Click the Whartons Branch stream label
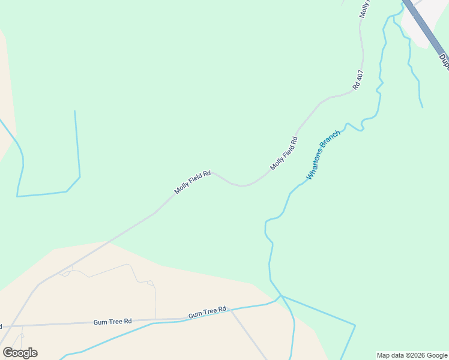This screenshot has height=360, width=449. pyautogui.click(x=324, y=155)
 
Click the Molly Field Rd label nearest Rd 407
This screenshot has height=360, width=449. pyautogui.click(x=284, y=153)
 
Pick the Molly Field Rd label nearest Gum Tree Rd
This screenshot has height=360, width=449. pyautogui.click(x=192, y=182)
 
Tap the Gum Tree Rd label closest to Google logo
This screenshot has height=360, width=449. pyautogui.click(x=112, y=322)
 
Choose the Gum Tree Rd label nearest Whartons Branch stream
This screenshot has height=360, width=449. pyautogui.click(x=207, y=313)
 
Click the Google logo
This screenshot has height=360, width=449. pyautogui.click(x=20, y=352)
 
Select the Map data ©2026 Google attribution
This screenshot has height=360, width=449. pyautogui.click(x=412, y=355)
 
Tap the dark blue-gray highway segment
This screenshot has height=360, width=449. pyautogui.click(x=424, y=27)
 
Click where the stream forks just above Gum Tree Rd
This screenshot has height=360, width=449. pyautogui.click(x=280, y=296)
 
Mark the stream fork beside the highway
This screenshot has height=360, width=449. pyautogui.click(x=394, y=16)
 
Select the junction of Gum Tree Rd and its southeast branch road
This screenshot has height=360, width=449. pyautogui.click(x=231, y=310)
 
